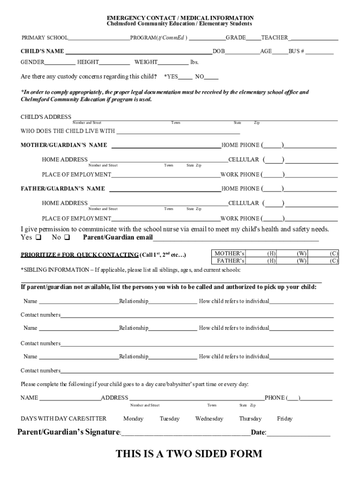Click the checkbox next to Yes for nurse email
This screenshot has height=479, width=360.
point(38,237)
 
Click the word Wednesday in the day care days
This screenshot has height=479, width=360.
point(209,419)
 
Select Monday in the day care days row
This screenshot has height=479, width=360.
point(133,419)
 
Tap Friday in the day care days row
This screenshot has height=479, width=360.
point(285,419)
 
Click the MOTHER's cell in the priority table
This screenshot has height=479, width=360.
point(229,254)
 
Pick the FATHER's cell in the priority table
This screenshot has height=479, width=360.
point(229,261)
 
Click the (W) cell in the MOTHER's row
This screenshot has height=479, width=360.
point(302,254)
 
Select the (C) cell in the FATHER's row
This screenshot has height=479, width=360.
point(334,261)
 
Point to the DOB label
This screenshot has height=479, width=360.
point(219,51)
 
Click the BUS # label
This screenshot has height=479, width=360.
point(296,51)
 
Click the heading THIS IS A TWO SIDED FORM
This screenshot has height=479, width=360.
point(189,454)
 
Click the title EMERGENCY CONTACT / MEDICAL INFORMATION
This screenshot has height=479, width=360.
point(180,18)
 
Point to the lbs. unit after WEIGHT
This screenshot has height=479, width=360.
point(194,62)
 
